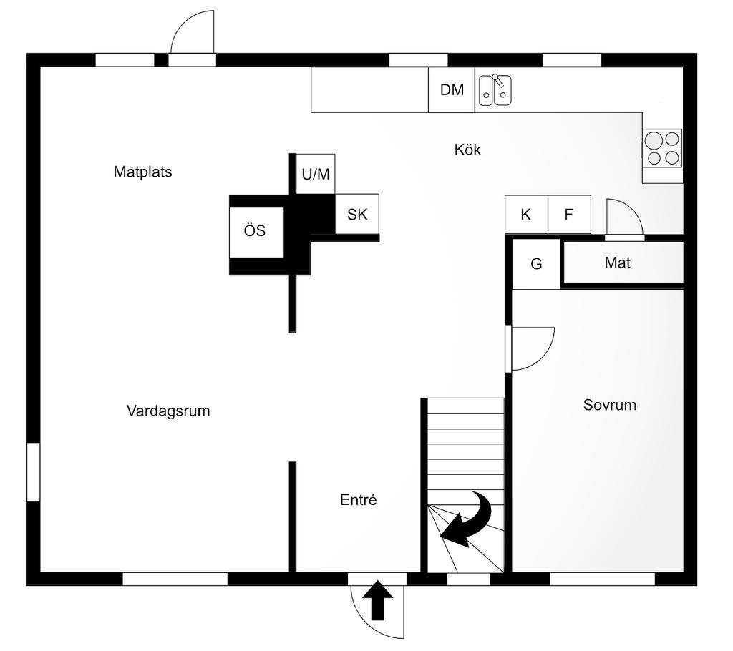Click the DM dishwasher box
pos(452,90)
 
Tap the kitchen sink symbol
pos(495,90)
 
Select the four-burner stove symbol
pos(662,148)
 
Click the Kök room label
pos(467,150)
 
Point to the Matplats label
pos(142,172)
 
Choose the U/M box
pos(316,175)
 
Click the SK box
pos(356,214)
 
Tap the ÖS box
pos(255,231)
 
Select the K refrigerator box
pos(526,215)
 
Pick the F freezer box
pos(569,215)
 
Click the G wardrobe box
pos(536,264)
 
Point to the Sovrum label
pos(610,406)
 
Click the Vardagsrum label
pos(168,411)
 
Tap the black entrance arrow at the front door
pos(378,601)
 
